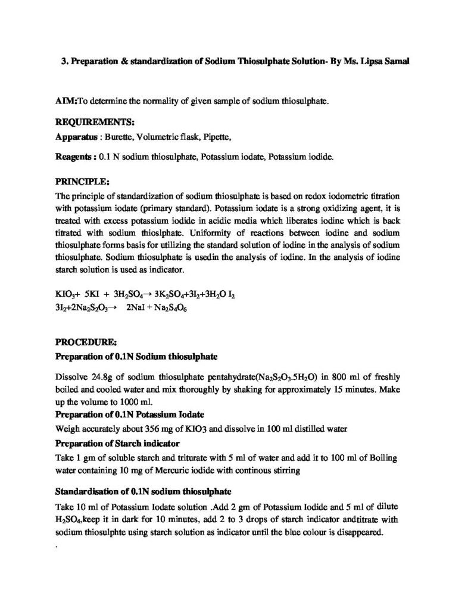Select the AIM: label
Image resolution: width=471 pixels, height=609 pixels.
pos(66,102)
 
